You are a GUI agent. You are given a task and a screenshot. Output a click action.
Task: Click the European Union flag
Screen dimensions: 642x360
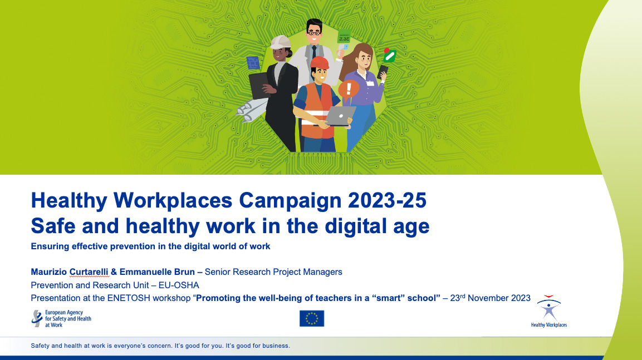click(x=312, y=318)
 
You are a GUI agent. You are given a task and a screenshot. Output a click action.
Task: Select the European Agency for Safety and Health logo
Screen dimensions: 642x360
click(x=61, y=318)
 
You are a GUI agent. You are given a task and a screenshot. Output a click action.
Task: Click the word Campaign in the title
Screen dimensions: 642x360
click(x=290, y=200)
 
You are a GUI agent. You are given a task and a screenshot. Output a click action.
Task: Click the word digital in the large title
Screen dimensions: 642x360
click(x=356, y=226)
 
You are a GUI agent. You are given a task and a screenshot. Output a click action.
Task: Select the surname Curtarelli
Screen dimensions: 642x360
click(x=89, y=272)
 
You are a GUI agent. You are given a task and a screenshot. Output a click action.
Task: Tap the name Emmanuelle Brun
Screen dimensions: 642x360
click(x=157, y=272)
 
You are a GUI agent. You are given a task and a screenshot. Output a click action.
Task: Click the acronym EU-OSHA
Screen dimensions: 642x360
click(x=179, y=285)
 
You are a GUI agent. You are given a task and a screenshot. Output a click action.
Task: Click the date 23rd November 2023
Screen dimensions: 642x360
click(x=490, y=298)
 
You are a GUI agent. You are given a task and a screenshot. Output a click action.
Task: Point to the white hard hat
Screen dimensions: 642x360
click(x=281, y=42)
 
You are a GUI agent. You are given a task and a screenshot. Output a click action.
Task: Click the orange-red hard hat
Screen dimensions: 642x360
click(x=320, y=62)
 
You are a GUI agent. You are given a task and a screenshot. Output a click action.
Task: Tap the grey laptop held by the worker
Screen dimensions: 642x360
click(x=340, y=116)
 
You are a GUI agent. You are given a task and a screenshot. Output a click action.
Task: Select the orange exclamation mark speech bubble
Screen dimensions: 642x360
click(x=349, y=90)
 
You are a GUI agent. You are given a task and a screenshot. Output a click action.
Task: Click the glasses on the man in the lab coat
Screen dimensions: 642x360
click(x=314, y=32)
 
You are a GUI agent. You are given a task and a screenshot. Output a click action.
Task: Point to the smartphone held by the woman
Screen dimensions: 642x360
click(x=383, y=71)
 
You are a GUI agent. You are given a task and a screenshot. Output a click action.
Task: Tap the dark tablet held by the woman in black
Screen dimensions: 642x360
click(x=259, y=86)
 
